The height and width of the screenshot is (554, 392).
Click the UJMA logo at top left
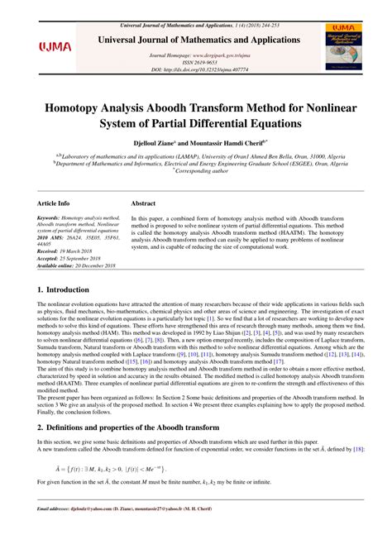[x=55, y=47]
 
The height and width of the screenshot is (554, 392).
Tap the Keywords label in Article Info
[x=54, y=218]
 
